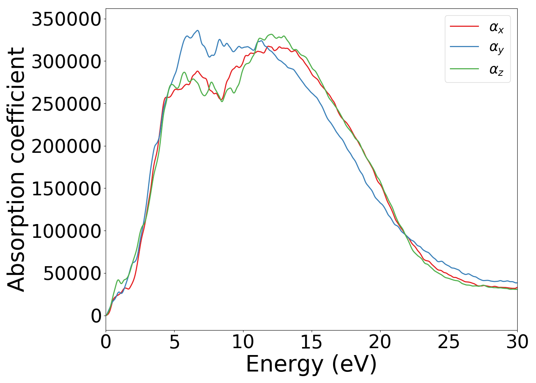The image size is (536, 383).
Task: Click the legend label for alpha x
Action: click(496, 27)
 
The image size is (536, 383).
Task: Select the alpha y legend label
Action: click(496, 48)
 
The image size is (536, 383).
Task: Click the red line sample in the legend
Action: click(464, 26)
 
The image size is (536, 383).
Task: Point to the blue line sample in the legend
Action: click(464, 47)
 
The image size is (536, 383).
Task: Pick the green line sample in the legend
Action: click(464, 69)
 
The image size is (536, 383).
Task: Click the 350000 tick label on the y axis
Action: click(66, 19)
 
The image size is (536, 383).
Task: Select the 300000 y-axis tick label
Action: click(66, 61)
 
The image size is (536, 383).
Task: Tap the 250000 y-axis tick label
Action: click(66, 104)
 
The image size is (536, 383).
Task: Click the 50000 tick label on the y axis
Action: click(72, 273)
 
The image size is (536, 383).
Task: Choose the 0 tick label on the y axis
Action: click(96, 316)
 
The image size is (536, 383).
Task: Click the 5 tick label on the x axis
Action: click(175, 342)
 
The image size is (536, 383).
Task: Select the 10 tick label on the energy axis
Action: click(243, 342)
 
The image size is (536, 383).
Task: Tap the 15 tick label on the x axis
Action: click(312, 342)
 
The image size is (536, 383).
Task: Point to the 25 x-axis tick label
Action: click(449, 342)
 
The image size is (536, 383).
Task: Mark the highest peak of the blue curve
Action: click(198, 31)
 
